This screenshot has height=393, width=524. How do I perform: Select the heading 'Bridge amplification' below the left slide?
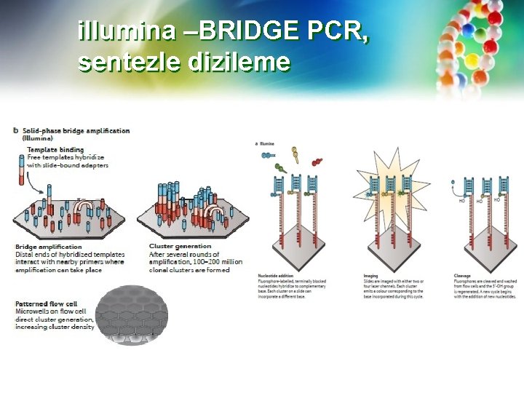click(x=49, y=247)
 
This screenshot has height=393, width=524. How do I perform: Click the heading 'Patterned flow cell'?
click(x=47, y=303)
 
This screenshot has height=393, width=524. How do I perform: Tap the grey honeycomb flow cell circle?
click(x=132, y=314)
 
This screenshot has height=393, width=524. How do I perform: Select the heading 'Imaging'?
click(x=370, y=276)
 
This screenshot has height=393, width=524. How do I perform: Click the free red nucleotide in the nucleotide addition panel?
click(x=318, y=162)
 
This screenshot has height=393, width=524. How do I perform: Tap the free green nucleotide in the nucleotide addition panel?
click(x=281, y=169)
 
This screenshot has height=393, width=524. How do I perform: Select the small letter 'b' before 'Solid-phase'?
click(x=16, y=131)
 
